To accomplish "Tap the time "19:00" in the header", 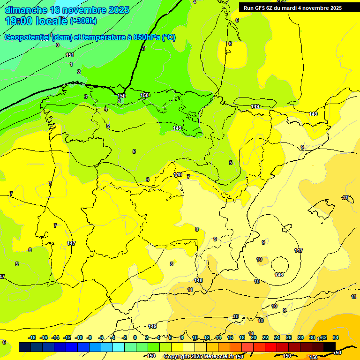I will [x=18, y=21].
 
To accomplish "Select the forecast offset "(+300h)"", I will [x=83, y=21].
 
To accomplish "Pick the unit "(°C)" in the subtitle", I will [x=168, y=37].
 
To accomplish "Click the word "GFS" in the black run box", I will [x=260, y=8].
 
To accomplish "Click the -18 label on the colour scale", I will [x=32, y=337].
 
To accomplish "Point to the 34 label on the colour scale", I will [x=336, y=337].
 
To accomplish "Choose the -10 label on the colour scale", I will [x=78, y=337].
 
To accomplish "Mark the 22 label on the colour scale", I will [x=265, y=337].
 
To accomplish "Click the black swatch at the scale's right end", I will [x=330, y=347].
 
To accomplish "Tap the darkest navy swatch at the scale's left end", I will [x=25, y=347].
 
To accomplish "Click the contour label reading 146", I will [x=279, y=275].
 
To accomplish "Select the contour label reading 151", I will [x=70, y=55].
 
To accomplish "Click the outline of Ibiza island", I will [x=285, y=229].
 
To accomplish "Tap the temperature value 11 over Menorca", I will [x=345, y=198].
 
